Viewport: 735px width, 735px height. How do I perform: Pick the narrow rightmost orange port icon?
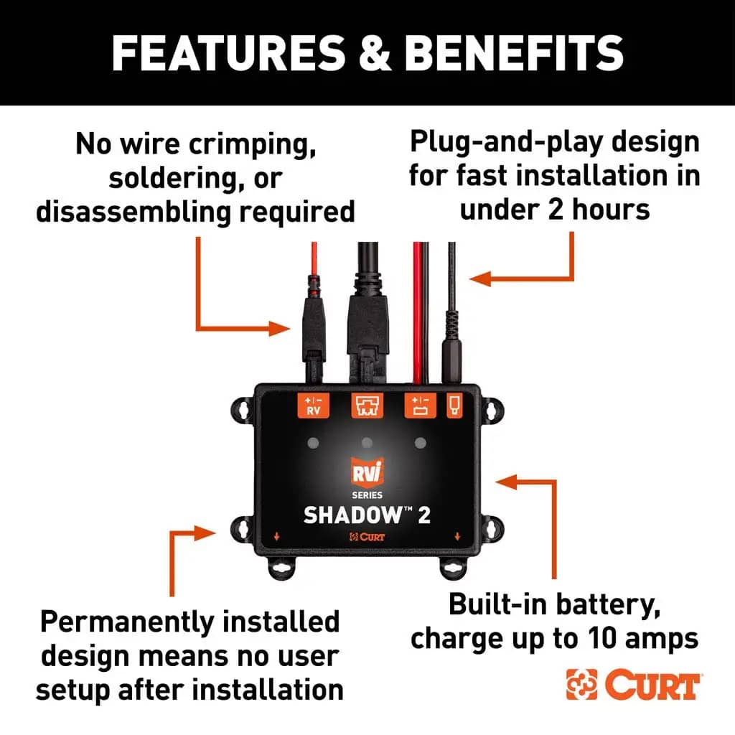tap(455, 406)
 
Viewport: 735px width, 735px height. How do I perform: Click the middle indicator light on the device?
tap(367, 443)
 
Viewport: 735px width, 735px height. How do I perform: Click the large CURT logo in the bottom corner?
tap(633, 685)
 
